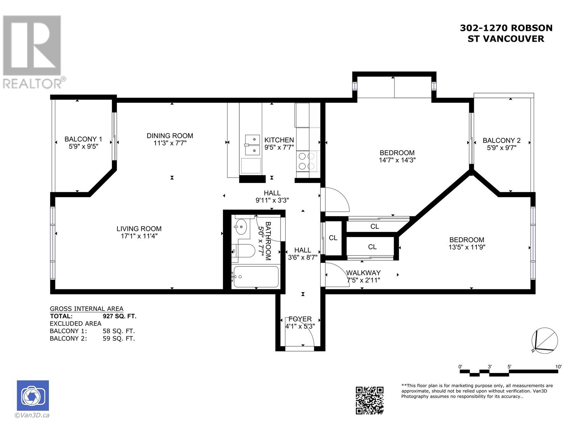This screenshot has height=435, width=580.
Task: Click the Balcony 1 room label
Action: (x=83, y=139)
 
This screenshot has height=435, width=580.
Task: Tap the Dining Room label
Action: (x=170, y=136)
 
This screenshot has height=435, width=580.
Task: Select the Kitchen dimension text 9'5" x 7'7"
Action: (x=279, y=147)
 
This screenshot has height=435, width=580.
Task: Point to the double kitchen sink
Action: (x=252, y=145)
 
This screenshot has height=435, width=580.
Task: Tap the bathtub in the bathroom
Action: (x=256, y=277)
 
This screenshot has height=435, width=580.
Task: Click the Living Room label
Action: (x=139, y=229)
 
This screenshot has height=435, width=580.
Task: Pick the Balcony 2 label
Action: (x=502, y=141)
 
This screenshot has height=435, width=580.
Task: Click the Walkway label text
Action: (x=363, y=273)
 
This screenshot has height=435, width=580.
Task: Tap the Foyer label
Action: (x=300, y=319)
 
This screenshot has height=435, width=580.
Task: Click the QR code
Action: (x=369, y=401)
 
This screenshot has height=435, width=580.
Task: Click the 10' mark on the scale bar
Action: (x=558, y=366)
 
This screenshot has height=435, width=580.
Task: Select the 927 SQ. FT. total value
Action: (x=119, y=316)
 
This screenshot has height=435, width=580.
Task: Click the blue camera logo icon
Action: (x=33, y=395)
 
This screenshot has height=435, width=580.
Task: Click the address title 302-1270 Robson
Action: (x=506, y=28)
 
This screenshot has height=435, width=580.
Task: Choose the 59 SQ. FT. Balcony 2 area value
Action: (x=119, y=338)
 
